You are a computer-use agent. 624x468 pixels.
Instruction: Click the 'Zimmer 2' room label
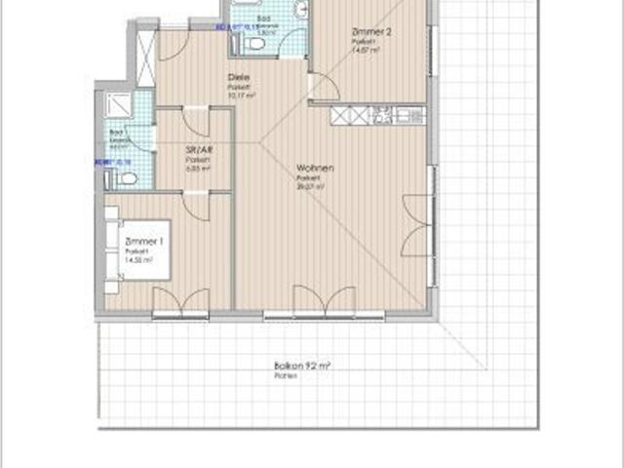(370, 32)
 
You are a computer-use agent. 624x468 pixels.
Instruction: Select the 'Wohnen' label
(316, 169)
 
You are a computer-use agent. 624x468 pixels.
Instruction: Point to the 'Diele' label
(237, 77)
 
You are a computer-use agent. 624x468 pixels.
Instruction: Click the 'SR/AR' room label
(199, 150)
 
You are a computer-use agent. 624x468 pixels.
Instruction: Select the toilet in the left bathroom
(123, 178)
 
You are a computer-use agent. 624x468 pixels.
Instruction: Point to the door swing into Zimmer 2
(325, 86)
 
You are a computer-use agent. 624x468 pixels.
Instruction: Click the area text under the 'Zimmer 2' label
(366, 51)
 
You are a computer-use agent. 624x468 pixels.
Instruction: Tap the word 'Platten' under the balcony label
(285, 375)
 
